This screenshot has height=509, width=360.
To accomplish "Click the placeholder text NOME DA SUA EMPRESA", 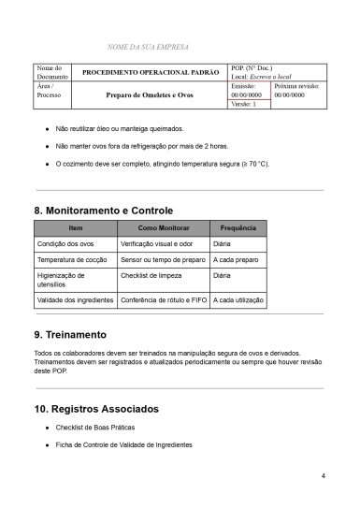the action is (x=149, y=46).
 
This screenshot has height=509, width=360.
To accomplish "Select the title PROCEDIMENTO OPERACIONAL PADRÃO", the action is (x=151, y=72).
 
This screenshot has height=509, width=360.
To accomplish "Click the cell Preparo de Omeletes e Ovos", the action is (x=151, y=95).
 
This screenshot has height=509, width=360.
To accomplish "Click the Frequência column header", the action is (x=238, y=228).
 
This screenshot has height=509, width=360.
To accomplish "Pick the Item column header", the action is (x=75, y=228).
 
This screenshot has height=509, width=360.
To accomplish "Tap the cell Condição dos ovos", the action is (x=65, y=243).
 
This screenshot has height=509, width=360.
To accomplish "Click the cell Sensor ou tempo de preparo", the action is (x=162, y=259).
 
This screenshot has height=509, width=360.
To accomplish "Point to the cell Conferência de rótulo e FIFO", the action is (x=163, y=300).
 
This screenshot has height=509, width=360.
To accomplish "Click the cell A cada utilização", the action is (x=238, y=300).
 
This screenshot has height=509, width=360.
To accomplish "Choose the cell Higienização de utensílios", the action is (x=61, y=281).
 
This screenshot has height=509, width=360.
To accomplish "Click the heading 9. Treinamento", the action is (x=70, y=334).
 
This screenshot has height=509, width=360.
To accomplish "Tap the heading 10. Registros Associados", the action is (x=95, y=409).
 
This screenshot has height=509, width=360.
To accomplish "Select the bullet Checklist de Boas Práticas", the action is (x=98, y=427).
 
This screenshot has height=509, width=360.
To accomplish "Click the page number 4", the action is (x=323, y=476).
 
